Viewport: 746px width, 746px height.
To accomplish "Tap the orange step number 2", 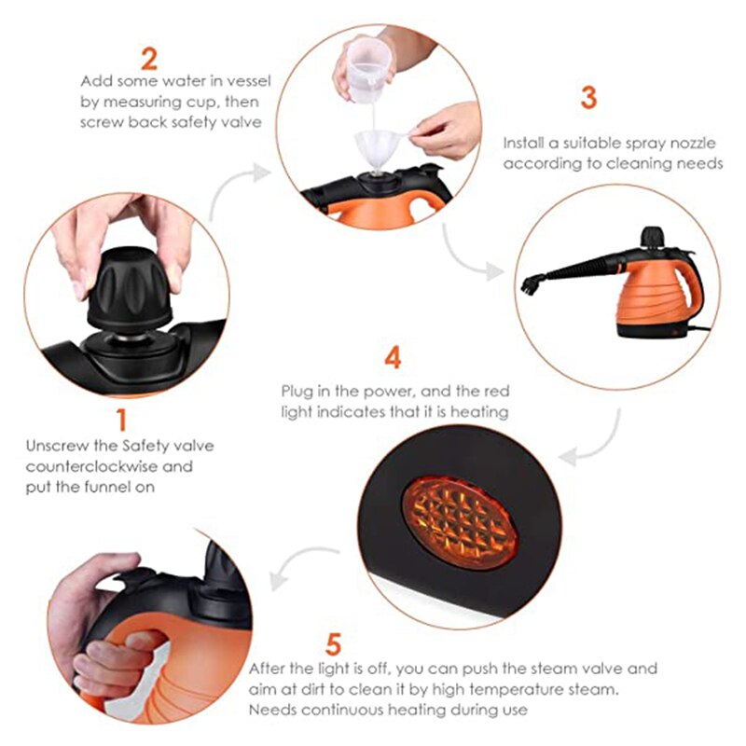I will click(149, 60).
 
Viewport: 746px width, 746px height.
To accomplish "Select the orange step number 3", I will click(587, 98).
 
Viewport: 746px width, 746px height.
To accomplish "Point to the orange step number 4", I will click(394, 358).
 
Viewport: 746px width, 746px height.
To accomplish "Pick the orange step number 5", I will click(333, 643).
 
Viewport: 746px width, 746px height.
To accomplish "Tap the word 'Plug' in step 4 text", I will click(297, 390).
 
